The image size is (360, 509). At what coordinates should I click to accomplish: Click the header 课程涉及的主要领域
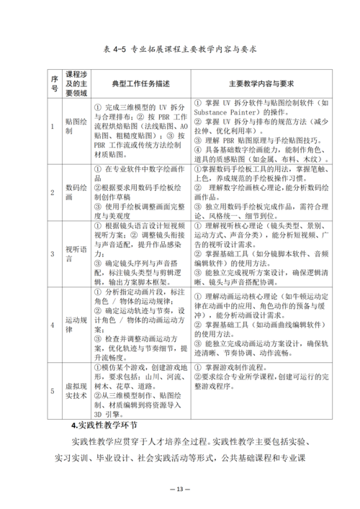76,83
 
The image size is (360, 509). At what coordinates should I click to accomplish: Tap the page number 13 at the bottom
180,489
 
